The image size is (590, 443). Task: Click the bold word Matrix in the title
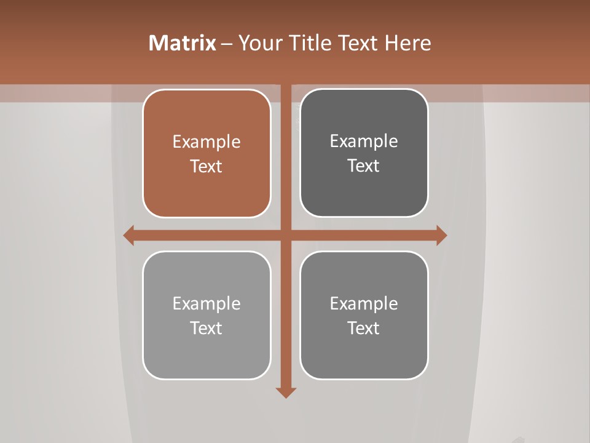pyautogui.click(x=183, y=43)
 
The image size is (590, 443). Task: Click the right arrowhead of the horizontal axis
pyautogui.click(x=441, y=236)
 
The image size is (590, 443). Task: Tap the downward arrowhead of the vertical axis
pyautogui.click(x=286, y=392)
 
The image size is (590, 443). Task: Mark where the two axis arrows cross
pyautogui.click(x=286, y=236)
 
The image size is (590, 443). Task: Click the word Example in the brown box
pyautogui.click(x=206, y=142)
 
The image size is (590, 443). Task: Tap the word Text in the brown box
pyautogui.click(x=206, y=167)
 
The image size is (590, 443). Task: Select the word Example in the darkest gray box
pyautogui.click(x=364, y=142)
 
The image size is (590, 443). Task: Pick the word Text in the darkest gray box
pyautogui.click(x=364, y=166)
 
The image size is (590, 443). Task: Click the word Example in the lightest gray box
pyautogui.click(x=206, y=304)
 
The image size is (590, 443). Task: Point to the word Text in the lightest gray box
pyautogui.click(x=206, y=329)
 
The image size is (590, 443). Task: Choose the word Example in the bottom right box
pyautogui.click(x=364, y=304)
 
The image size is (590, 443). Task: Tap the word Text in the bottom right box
pyautogui.click(x=364, y=329)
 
